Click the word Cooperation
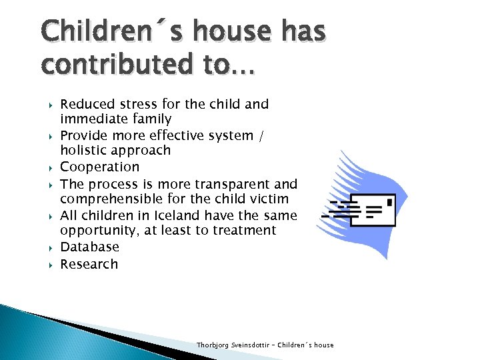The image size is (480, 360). [x=100, y=167]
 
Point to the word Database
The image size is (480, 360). [x=90, y=247]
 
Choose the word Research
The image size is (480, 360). [x=89, y=264]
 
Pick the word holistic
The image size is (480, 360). [x=82, y=151]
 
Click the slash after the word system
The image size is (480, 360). [x=261, y=135]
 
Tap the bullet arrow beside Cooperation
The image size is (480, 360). [x=51, y=167]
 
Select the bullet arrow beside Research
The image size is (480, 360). [x=51, y=265]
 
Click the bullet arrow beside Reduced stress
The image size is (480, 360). [x=51, y=105]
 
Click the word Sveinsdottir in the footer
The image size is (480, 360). [x=251, y=345]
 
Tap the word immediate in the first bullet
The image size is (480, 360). [x=87, y=119]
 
